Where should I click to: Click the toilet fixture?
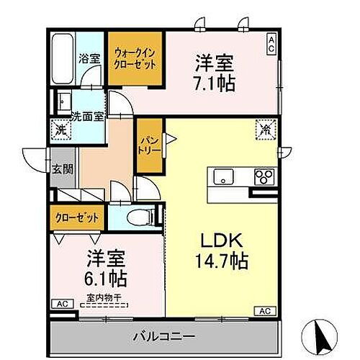click(140, 215)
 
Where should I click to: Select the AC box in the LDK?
click(264, 311)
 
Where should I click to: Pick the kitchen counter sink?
click(220, 175)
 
